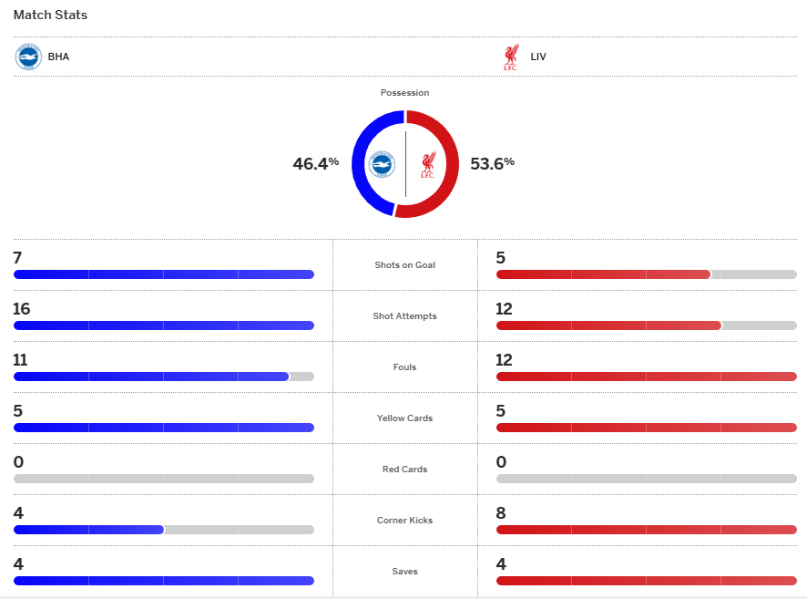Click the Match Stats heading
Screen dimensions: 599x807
tap(50, 15)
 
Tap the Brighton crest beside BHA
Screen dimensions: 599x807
tap(28, 57)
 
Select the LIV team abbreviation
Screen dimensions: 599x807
tap(538, 57)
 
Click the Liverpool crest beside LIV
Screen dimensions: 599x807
tap(510, 57)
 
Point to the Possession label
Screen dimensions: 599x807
tap(404, 93)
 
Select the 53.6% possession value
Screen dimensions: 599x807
tap(492, 164)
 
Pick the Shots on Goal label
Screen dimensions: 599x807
tap(404, 265)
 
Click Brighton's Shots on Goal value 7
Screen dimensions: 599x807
tap(17, 258)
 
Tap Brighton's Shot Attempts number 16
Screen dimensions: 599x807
tap(22, 309)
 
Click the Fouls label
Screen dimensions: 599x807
tap(404, 367)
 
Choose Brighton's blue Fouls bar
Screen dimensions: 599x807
tap(150, 377)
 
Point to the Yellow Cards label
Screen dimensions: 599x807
tap(404, 418)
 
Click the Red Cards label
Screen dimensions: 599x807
tap(404, 470)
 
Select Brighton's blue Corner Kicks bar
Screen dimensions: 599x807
tap(88, 530)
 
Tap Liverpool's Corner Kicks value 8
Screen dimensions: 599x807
tap(500, 513)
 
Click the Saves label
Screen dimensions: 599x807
tap(404, 572)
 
